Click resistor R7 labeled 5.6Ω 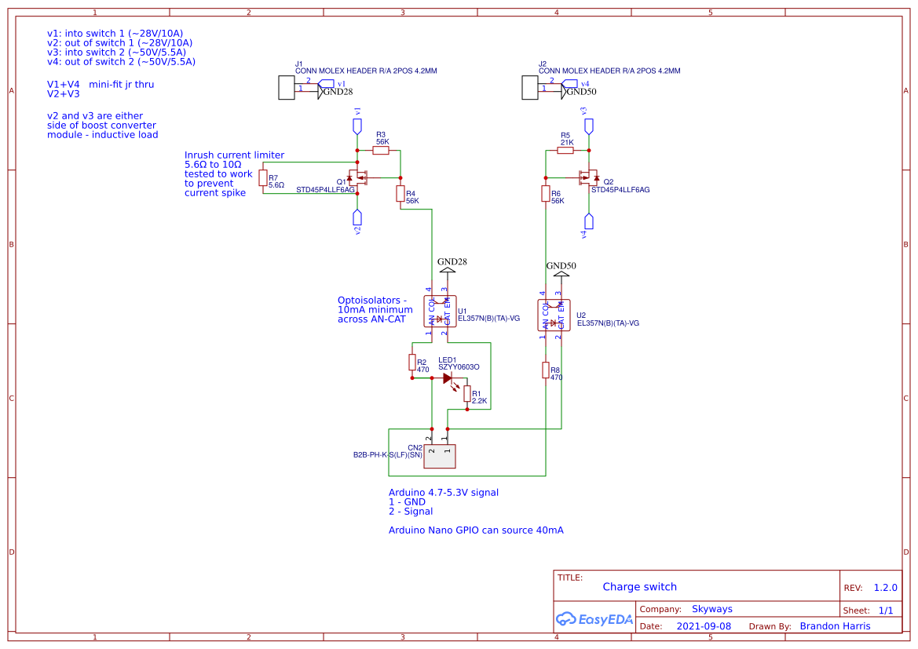tap(263, 178)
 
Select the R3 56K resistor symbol tap(381, 151)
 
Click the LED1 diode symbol tap(448, 378)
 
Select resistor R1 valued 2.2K tap(467, 393)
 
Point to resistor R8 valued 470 tap(545, 370)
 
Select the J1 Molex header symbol tap(287, 87)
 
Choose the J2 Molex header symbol tap(530, 87)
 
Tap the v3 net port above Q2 tap(589, 126)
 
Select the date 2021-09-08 tap(704, 626)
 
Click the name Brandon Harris tap(835, 626)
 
